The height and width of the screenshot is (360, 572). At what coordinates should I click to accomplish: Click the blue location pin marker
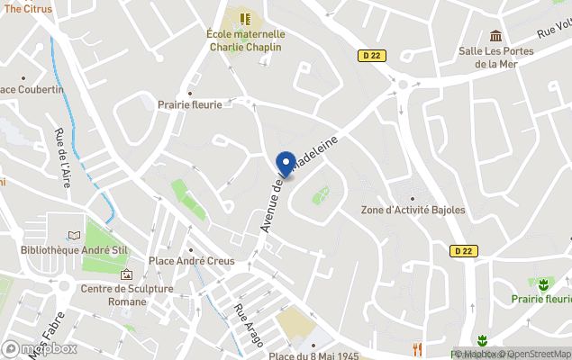pyautogui.click(x=286, y=164)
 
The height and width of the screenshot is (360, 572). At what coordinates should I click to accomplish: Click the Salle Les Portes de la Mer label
pyautogui.click(x=495, y=58)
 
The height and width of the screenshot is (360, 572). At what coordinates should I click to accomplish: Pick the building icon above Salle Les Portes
pyautogui.click(x=495, y=35)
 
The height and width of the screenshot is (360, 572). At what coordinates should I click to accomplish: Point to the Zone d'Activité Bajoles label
pyautogui.click(x=413, y=210)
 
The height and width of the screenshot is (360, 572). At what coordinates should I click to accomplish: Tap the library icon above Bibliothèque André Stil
pyautogui.click(x=74, y=233)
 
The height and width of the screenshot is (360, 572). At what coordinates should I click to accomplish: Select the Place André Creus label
pyautogui.click(x=191, y=261)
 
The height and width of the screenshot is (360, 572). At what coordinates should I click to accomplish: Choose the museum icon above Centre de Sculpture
pyautogui.click(x=126, y=274)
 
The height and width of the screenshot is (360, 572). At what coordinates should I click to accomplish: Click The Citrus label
pyautogui.click(x=27, y=8)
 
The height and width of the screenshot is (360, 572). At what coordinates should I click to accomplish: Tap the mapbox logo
pyautogui.click(x=40, y=348)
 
